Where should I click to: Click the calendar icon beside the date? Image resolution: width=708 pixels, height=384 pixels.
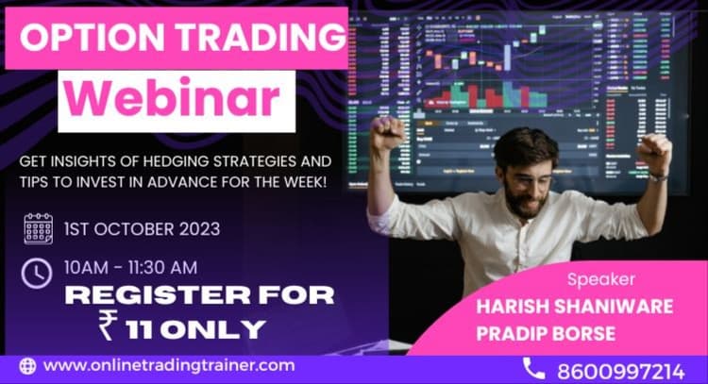[38, 228]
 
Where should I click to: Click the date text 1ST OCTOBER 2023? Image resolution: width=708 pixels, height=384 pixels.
[143, 229]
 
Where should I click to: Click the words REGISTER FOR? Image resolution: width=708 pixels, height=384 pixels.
[199, 295]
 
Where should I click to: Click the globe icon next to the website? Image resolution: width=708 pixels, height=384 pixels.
[26, 366]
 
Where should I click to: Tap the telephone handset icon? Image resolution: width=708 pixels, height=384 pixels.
[533, 367]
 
